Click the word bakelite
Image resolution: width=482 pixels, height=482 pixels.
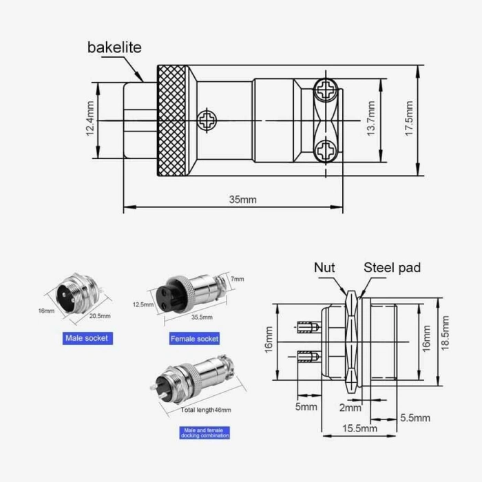114,48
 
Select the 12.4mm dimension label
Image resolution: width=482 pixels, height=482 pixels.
90,120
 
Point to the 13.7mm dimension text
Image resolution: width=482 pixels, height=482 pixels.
371,118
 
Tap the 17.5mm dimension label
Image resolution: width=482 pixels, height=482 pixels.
409,118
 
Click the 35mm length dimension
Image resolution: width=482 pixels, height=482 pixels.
242,200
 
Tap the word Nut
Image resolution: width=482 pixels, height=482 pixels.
325,268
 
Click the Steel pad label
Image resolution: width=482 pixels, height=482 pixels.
392,268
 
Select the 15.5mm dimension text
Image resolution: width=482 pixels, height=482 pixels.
359,428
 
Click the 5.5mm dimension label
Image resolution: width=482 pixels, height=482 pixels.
415,418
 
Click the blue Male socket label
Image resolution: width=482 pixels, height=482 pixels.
87,338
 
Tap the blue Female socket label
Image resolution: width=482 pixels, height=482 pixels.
194,338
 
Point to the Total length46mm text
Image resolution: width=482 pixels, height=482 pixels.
206,410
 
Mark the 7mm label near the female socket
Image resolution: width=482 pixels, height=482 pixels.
237,279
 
